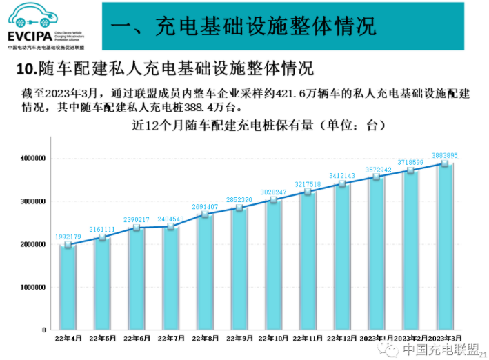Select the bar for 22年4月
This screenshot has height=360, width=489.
point(68,286)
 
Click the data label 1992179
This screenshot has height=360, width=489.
point(68,237)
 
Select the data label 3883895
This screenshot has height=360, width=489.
point(445,155)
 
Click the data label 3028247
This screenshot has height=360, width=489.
point(273,192)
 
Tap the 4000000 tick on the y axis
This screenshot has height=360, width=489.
point(32,159)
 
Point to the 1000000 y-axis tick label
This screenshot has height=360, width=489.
point(32,287)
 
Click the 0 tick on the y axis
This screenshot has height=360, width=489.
point(43,330)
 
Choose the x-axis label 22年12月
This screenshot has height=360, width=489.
point(342,339)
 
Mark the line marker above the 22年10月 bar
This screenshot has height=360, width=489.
point(273,200)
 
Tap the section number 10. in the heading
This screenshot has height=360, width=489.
point(26,70)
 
